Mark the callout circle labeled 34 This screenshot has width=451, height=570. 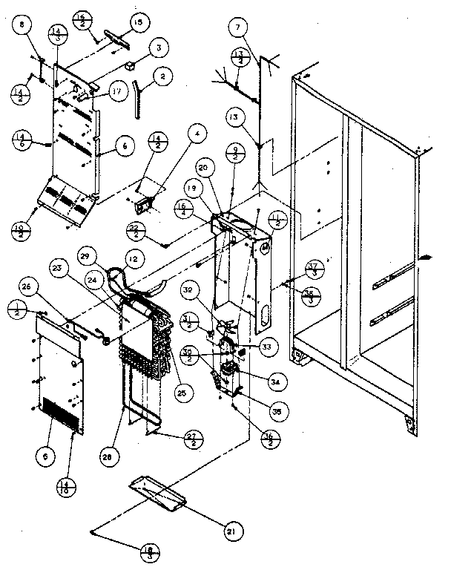pyautogui.click(x=275, y=381)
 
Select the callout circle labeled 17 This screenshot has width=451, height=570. pyautogui.click(x=117, y=93)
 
